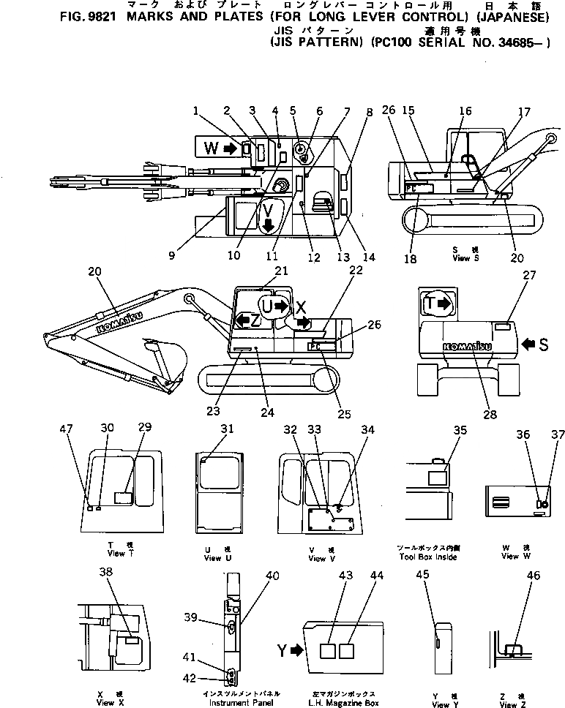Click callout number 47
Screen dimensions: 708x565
tap(71, 431)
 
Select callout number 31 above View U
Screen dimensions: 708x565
tap(228, 429)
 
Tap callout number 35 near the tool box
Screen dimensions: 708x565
tap(459, 430)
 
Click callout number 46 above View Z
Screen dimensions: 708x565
tap(533, 576)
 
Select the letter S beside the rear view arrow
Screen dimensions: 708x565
tap(543, 344)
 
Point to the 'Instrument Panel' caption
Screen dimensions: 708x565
tap(231, 702)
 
